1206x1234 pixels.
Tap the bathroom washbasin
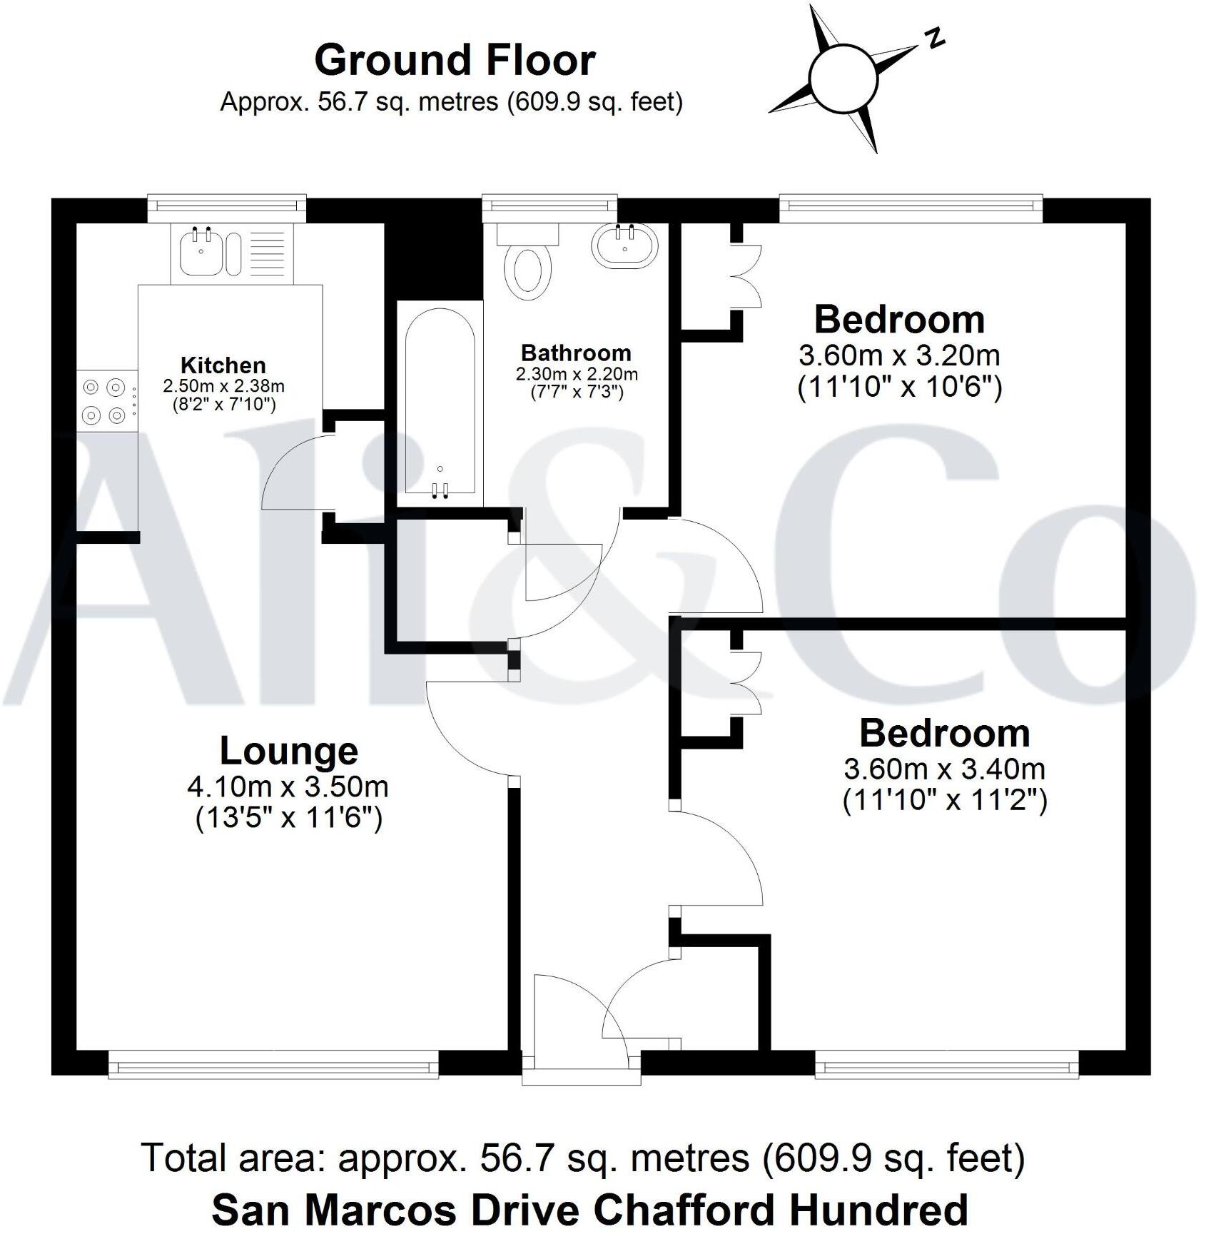(624, 246)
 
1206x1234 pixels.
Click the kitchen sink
(201, 253)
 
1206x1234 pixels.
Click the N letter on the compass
(934, 39)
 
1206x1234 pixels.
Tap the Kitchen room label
(223, 365)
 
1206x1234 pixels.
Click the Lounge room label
(288, 751)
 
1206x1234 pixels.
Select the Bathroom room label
(576, 353)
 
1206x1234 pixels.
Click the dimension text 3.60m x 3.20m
(899, 355)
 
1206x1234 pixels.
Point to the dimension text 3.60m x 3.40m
(944, 769)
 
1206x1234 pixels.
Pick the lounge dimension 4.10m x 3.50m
(288, 787)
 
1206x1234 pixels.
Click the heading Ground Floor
(455, 60)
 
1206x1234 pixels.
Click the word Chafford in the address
(689, 1210)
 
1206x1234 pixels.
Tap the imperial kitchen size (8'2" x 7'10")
(223, 405)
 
